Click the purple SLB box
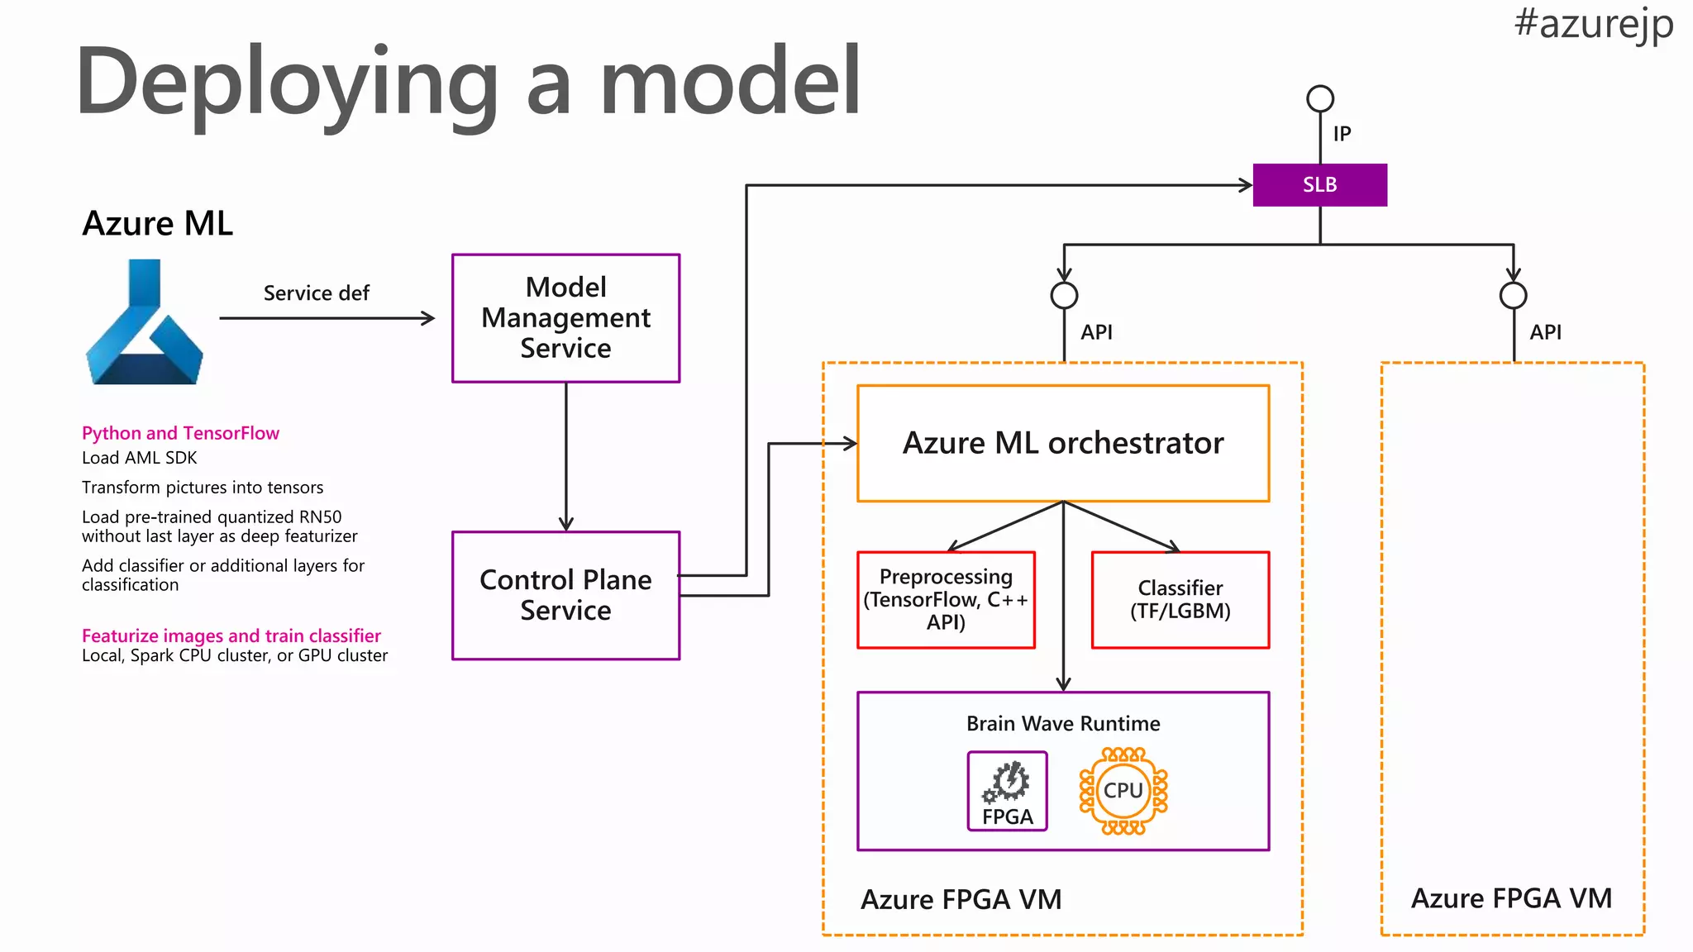(x=1319, y=185)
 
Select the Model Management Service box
(x=565, y=318)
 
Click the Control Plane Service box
(x=565, y=595)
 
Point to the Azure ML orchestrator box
(x=1063, y=444)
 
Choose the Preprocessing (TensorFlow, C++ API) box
(x=946, y=600)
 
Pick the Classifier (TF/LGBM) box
(x=1180, y=600)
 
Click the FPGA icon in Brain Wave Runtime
(x=1007, y=791)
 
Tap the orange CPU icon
(x=1123, y=791)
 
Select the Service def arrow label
(x=316, y=293)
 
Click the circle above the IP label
(x=1320, y=99)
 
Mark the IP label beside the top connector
(x=1342, y=134)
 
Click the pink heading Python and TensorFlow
(x=180, y=433)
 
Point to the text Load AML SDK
(x=139, y=458)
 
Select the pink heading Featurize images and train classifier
(x=231, y=635)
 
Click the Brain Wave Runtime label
(x=1063, y=724)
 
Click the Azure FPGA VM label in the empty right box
(x=1511, y=898)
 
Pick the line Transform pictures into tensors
(x=203, y=488)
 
